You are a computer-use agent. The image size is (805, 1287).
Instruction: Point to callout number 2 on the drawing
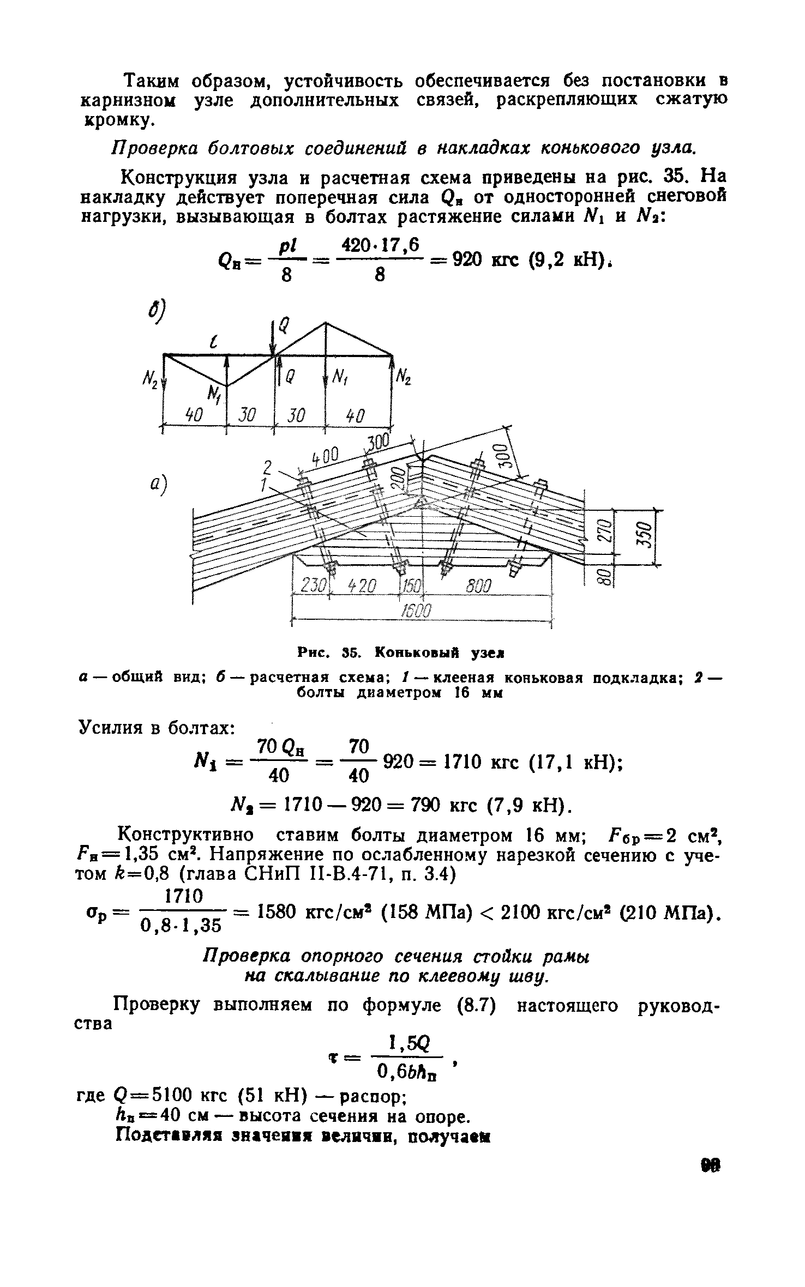click(267, 468)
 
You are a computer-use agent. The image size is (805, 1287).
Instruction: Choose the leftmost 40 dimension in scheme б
click(194, 416)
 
